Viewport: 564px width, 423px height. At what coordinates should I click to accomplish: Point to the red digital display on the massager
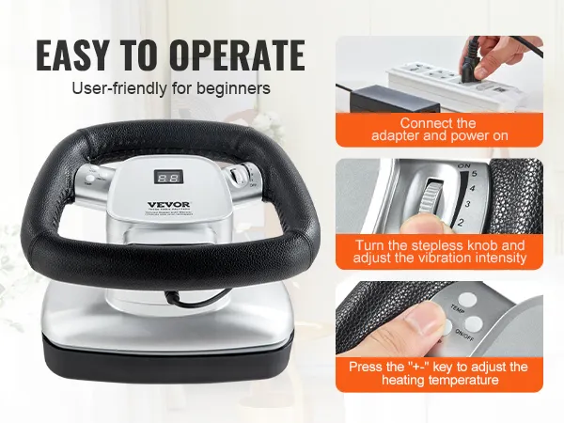click(x=169, y=176)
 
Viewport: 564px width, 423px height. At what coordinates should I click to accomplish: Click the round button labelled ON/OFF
click(x=473, y=323)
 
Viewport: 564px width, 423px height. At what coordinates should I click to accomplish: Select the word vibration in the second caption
click(x=458, y=258)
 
